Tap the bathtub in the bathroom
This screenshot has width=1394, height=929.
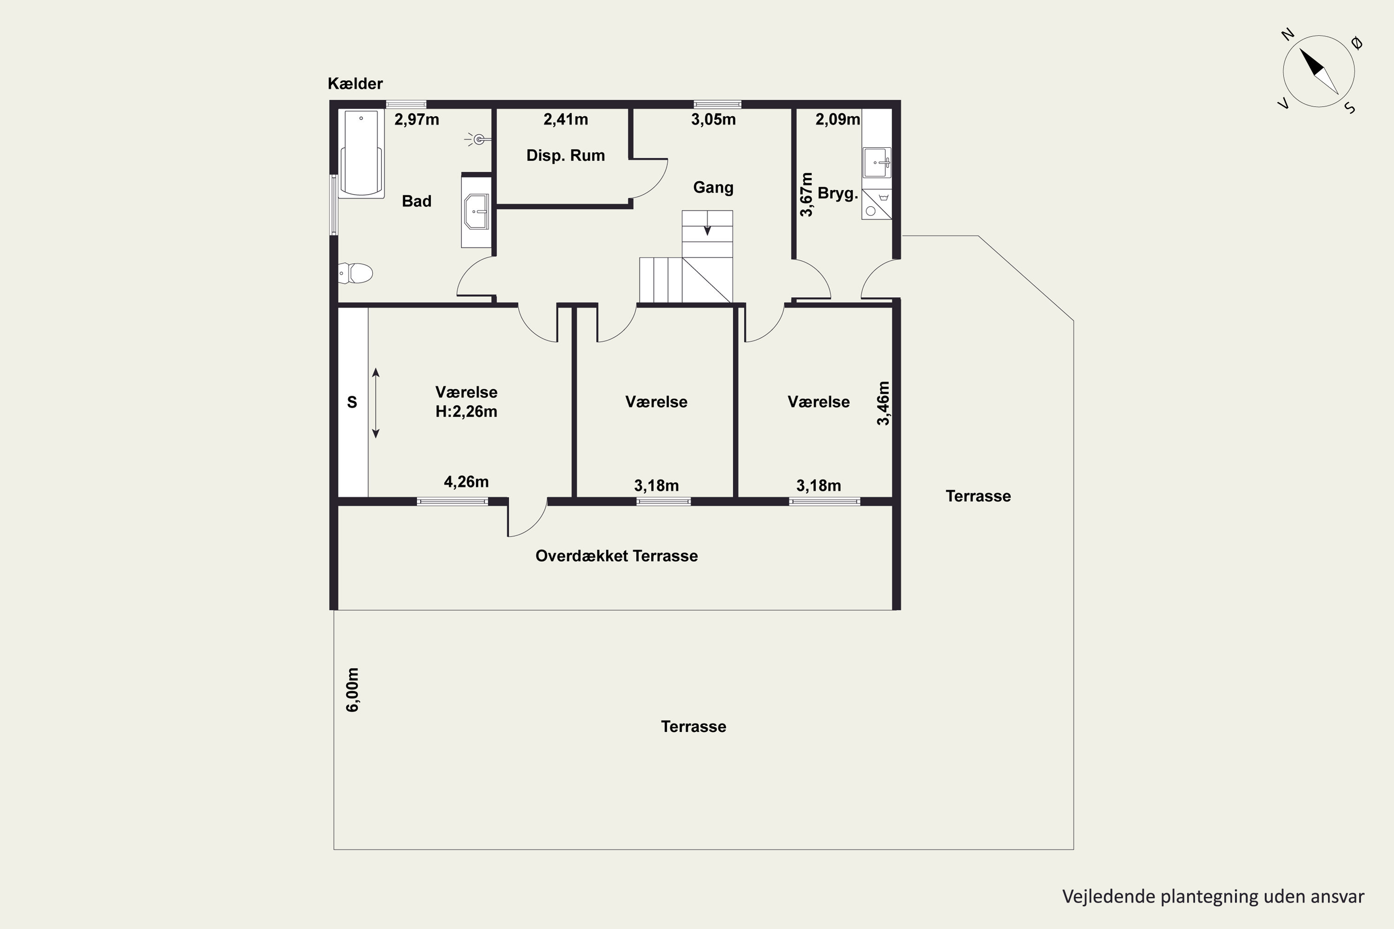(x=361, y=153)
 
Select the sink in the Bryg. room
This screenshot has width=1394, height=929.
(x=876, y=162)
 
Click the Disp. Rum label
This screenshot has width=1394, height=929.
(x=565, y=155)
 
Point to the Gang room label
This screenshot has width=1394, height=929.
(x=713, y=188)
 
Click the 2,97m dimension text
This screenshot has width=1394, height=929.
(x=417, y=120)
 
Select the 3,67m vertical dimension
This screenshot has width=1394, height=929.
(x=806, y=194)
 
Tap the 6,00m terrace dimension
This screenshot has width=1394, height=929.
(x=352, y=690)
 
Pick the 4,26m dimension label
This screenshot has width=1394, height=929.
(x=467, y=482)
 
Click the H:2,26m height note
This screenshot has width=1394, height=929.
(x=467, y=411)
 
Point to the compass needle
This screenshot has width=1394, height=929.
(x=1319, y=71)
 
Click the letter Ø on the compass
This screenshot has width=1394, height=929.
(x=1357, y=43)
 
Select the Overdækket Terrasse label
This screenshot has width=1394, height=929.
(x=617, y=556)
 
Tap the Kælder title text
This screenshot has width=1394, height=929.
(x=355, y=84)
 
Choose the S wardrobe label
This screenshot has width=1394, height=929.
(x=352, y=402)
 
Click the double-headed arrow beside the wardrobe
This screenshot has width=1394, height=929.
(x=376, y=403)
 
